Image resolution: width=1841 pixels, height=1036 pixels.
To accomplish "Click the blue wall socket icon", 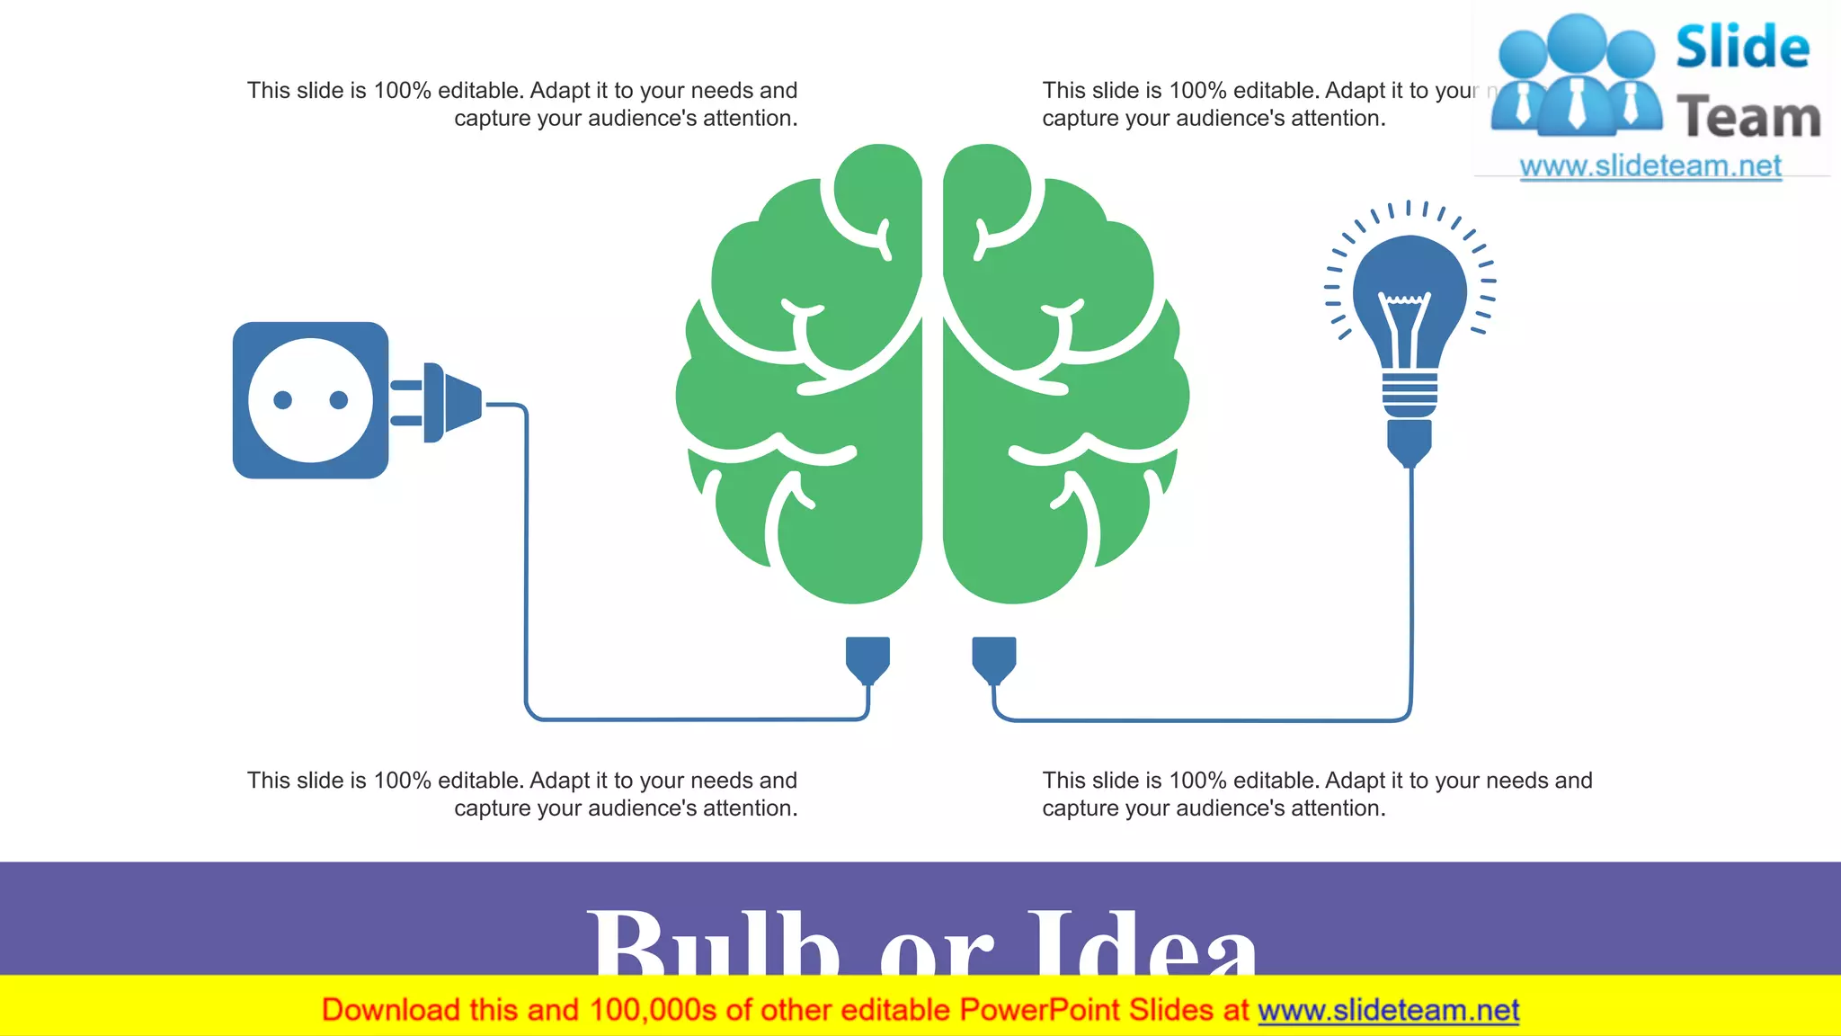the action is [310, 400].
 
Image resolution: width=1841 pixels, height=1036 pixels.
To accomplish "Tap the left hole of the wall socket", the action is [282, 400].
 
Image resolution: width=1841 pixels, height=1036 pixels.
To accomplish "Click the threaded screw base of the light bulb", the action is [1410, 394].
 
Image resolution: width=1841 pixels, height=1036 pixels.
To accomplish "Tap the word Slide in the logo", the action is [1742, 47].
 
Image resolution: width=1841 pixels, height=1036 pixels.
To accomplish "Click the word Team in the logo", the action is [1748, 117].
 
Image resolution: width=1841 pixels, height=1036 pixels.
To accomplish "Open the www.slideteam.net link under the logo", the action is [1650, 166].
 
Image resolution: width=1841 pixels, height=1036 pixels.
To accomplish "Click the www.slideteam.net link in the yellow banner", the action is [1388, 1010].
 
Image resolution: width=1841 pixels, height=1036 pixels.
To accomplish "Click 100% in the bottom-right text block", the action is [1197, 781].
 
